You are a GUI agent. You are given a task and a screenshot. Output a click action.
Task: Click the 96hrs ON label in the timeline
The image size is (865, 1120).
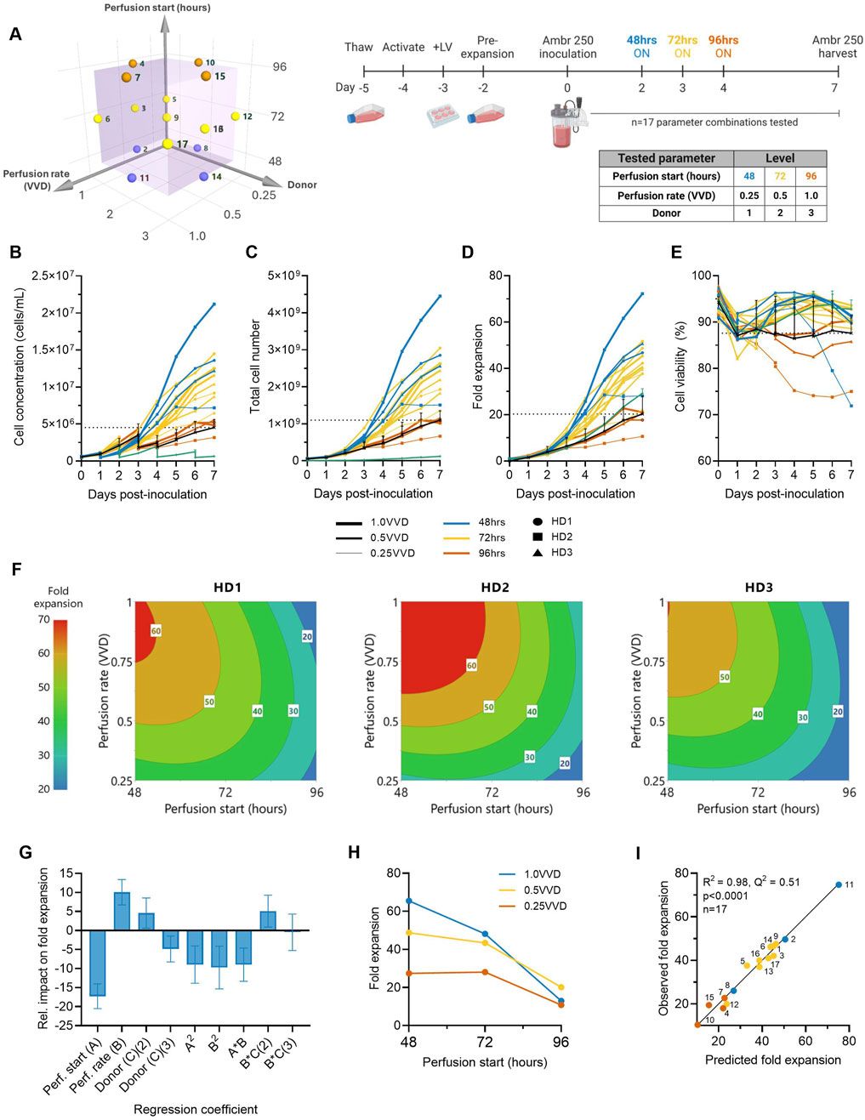tap(723, 46)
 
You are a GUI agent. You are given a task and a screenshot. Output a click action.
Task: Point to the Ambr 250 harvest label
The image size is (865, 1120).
tap(837, 46)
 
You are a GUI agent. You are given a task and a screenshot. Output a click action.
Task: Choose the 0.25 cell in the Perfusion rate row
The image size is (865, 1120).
tap(749, 196)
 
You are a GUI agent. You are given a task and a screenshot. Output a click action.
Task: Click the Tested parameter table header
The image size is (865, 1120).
tap(666, 158)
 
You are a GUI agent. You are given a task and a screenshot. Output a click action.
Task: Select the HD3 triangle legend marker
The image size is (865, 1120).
tap(538, 553)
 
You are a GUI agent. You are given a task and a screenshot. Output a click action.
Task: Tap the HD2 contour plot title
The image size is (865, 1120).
tap(491, 587)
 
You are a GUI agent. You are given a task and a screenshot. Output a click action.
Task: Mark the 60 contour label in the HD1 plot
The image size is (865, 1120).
tap(156, 631)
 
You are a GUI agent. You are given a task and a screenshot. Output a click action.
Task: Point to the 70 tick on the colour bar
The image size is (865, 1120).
tap(43, 620)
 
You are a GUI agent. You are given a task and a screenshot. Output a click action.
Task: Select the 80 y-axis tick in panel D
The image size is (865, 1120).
tap(494, 276)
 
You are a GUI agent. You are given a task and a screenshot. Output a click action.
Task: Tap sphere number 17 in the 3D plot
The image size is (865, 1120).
tap(168, 145)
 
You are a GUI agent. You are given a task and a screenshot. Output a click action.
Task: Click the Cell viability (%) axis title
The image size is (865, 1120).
tap(680, 366)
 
